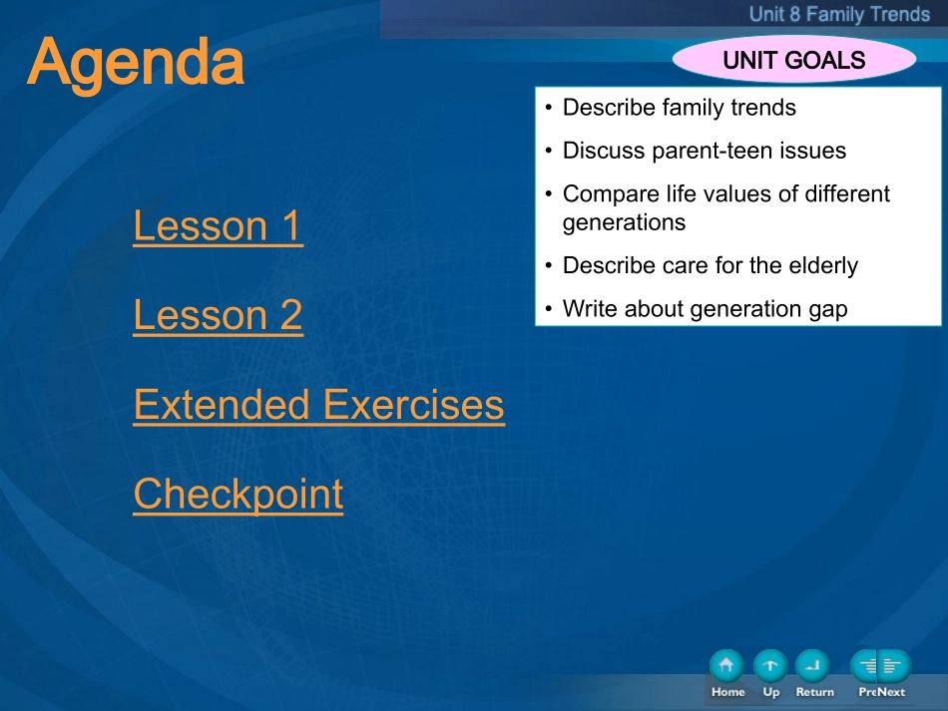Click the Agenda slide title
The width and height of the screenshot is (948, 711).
point(136,63)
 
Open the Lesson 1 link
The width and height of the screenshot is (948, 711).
point(218,226)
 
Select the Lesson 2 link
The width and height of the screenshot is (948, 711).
point(218,315)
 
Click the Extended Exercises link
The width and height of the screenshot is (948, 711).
point(318,405)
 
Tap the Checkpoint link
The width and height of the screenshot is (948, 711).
point(238,495)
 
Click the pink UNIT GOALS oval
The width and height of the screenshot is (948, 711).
point(794,59)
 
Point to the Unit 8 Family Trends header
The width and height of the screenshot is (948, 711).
point(839,14)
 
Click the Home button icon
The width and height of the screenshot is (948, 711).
point(726,666)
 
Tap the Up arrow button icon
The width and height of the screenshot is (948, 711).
point(770,666)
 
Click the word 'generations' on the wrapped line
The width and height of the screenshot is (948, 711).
point(624,223)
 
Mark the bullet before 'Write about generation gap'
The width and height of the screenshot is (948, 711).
point(549,309)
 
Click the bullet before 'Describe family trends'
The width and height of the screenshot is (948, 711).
point(549,108)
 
